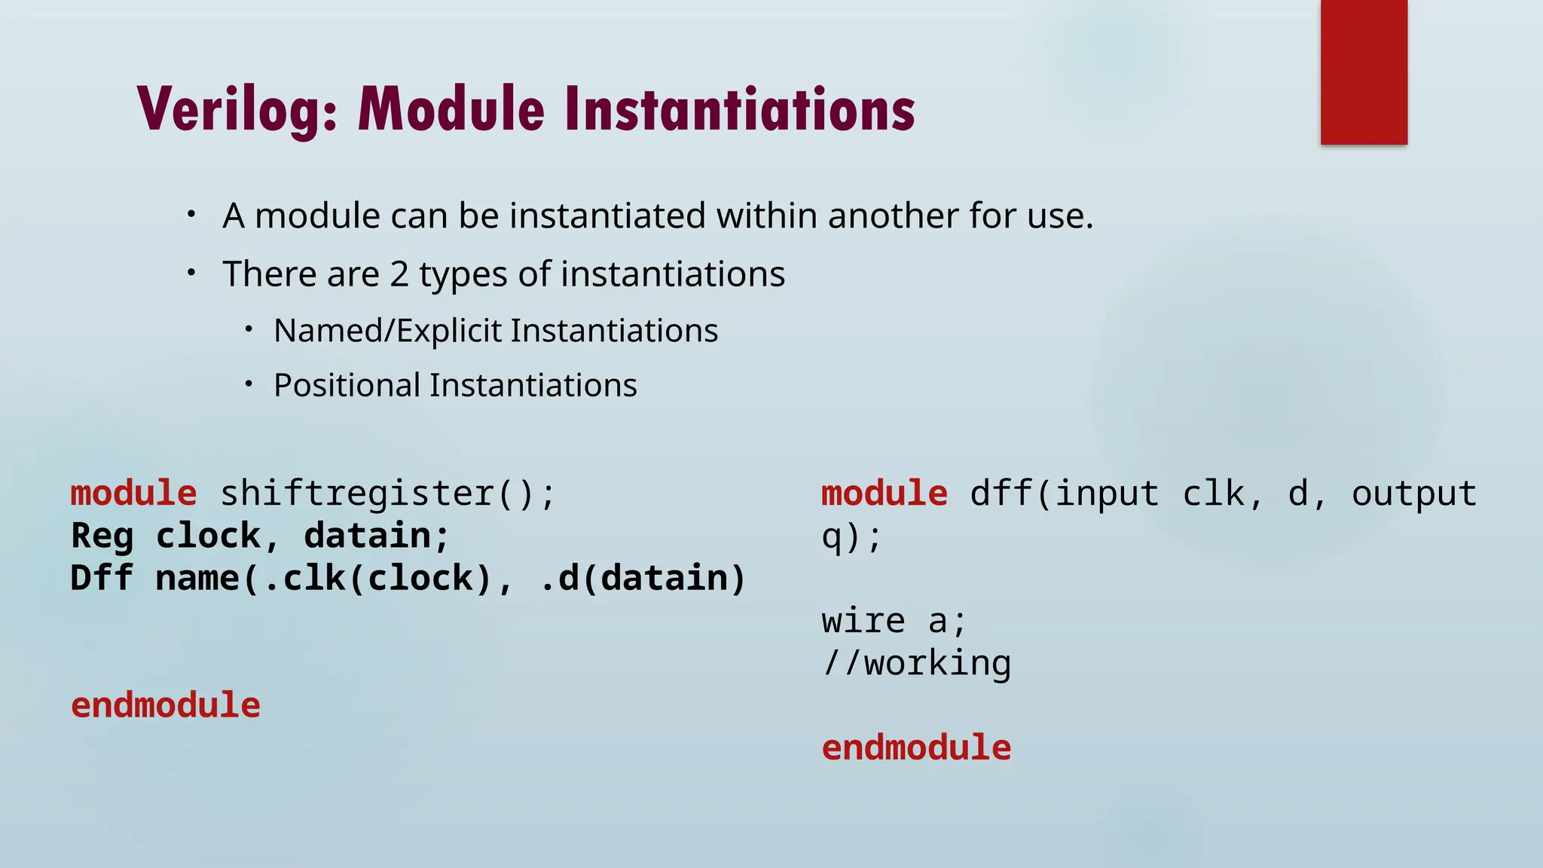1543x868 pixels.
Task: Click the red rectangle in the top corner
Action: coord(1364,72)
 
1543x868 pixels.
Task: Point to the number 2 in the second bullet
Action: coord(399,274)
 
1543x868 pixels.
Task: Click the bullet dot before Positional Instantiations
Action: coord(249,384)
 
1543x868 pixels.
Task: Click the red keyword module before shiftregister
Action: coord(133,494)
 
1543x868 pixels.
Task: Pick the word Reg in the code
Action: coord(102,536)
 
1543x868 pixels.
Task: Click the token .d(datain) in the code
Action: coord(643,579)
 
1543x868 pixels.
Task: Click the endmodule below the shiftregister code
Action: coord(166,705)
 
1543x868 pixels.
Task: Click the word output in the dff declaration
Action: coord(1413,494)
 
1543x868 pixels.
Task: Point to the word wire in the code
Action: coord(863,621)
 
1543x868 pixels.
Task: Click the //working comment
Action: coord(916,663)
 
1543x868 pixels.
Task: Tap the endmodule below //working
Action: coord(916,747)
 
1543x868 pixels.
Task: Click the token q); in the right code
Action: coord(851,536)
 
